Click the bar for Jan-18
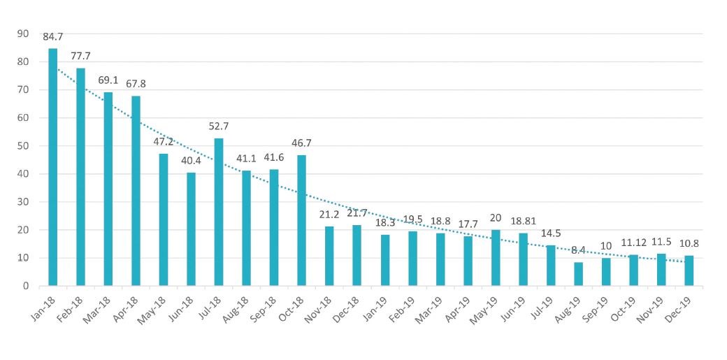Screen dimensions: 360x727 pyautogui.click(x=52, y=167)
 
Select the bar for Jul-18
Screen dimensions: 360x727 pyautogui.click(x=219, y=212)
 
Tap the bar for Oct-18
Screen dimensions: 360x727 pyautogui.click(x=301, y=220)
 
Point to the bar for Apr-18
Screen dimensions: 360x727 pyautogui.click(x=136, y=191)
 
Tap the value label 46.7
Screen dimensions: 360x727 pyautogui.click(x=301, y=143)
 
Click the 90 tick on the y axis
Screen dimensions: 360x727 pyautogui.click(x=23, y=34)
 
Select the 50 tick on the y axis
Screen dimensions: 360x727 pyautogui.click(x=23, y=146)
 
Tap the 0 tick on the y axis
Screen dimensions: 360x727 pyautogui.click(x=25, y=286)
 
